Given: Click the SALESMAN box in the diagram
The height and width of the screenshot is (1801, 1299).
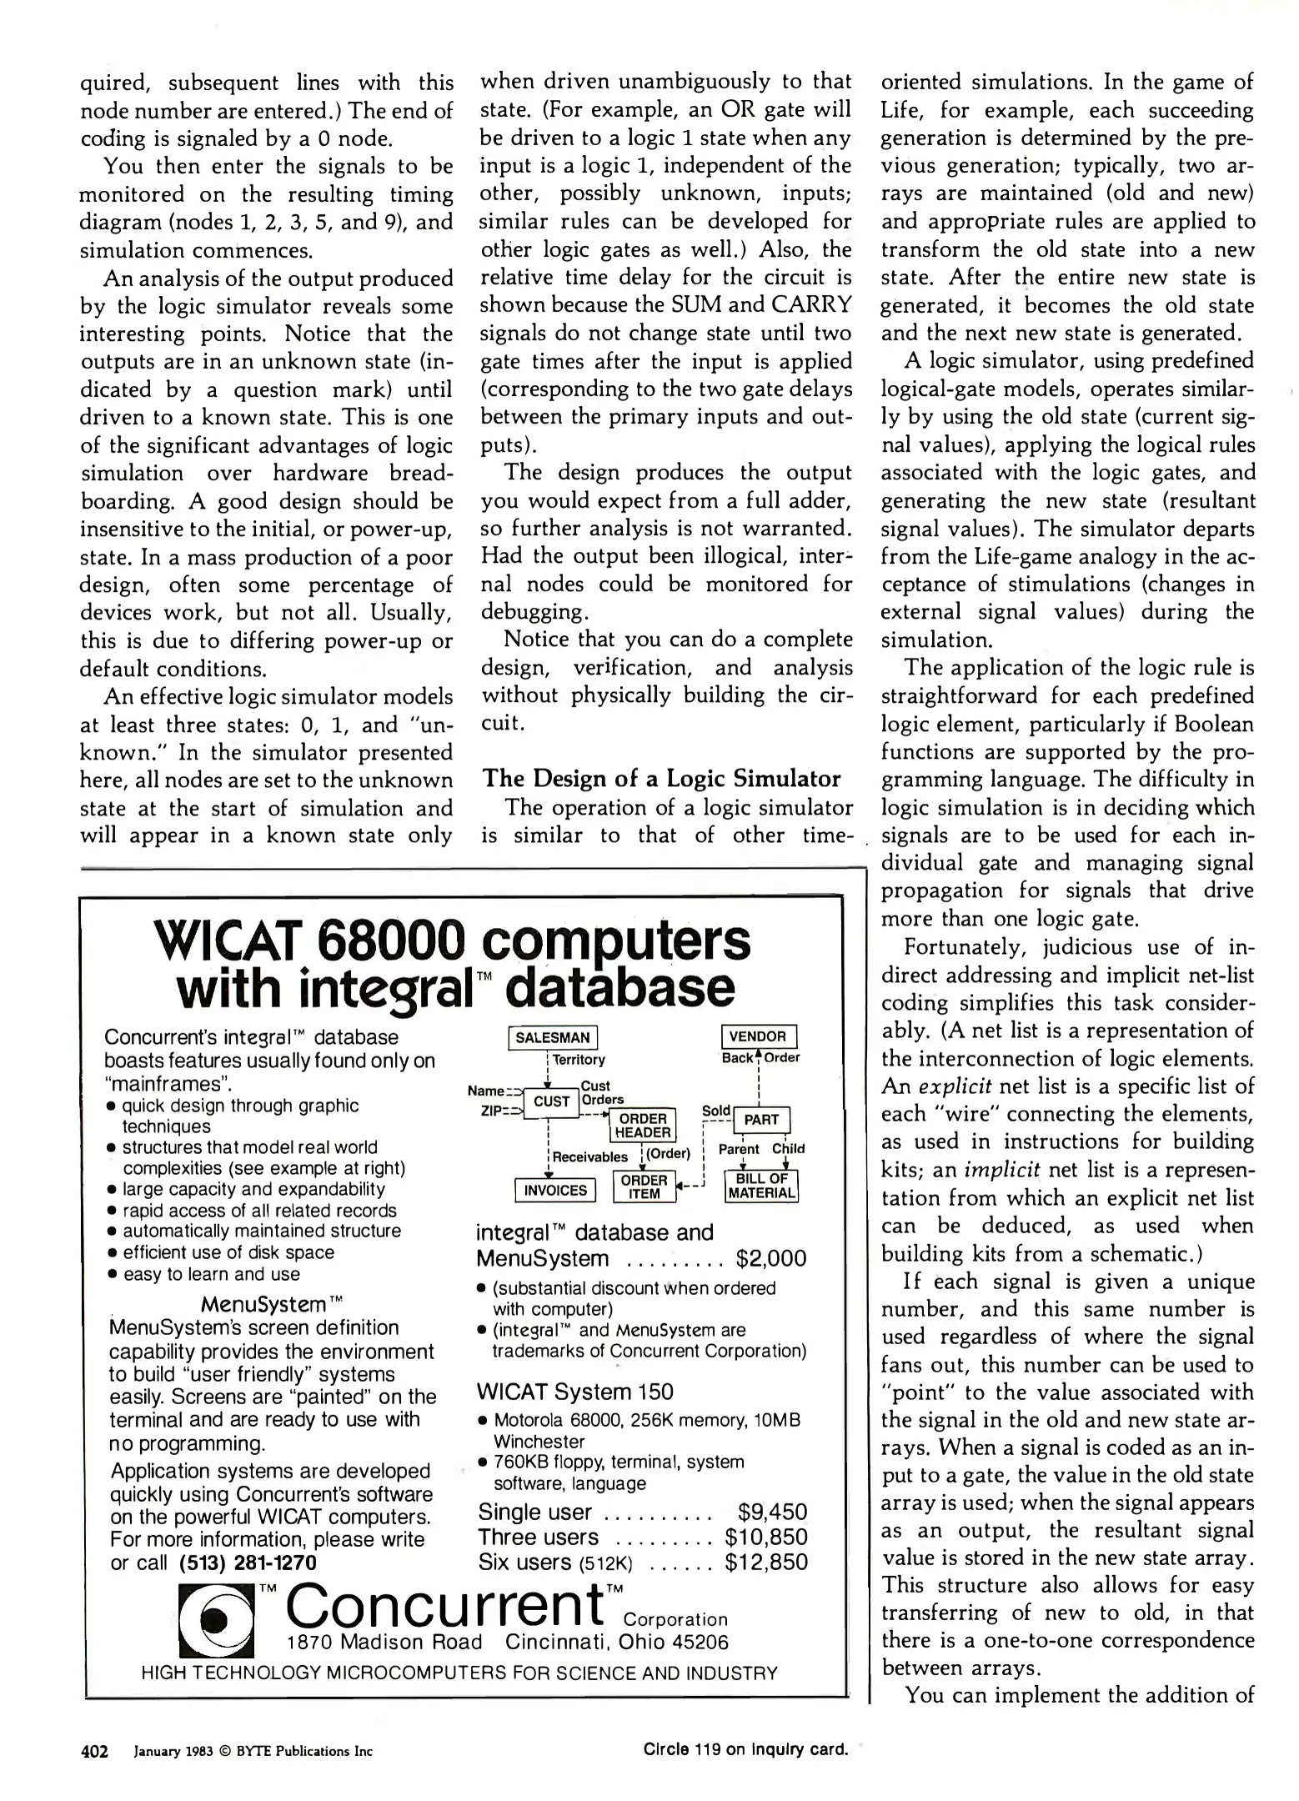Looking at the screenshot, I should pyautogui.click(x=552, y=1038).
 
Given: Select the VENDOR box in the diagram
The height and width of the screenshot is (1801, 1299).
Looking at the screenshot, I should pyautogui.click(x=758, y=1036).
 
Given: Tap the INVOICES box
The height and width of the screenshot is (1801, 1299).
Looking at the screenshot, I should pyautogui.click(x=555, y=1190).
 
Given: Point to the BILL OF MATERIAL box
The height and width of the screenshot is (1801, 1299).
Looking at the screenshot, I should pyautogui.click(x=761, y=1186).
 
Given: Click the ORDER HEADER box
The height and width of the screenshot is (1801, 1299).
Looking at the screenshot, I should pyautogui.click(x=644, y=1126).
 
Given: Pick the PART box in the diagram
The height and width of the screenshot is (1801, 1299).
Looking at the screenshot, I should pyautogui.click(x=761, y=1120).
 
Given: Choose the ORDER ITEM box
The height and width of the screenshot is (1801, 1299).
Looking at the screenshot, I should pyautogui.click(x=644, y=1186).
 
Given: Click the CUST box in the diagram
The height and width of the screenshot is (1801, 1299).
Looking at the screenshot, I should pyautogui.click(x=551, y=1101).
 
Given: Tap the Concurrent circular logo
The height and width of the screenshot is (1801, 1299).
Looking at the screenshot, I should pyautogui.click(x=217, y=1619).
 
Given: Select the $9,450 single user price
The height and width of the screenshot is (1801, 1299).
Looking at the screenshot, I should pyautogui.click(x=772, y=1513).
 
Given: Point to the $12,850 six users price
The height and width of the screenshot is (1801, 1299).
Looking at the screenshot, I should pyautogui.click(x=766, y=1562).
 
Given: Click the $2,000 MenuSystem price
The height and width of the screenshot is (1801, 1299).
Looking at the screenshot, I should pyautogui.click(x=771, y=1258).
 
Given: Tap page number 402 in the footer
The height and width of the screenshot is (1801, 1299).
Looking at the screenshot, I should pyautogui.click(x=94, y=1751).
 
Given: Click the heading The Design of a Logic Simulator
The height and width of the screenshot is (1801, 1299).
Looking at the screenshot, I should pyautogui.click(x=661, y=779).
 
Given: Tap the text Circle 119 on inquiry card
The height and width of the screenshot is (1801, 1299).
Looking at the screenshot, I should pyautogui.click(x=745, y=1749).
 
